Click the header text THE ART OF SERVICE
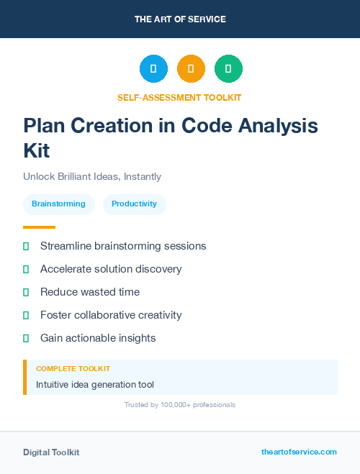click(x=180, y=19)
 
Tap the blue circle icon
click(x=153, y=68)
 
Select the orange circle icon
click(x=191, y=68)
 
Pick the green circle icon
click(x=228, y=68)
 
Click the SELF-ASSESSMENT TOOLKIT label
click(x=180, y=97)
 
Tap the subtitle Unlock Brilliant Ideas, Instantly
click(x=92, y=176)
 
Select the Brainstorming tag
click(x=58, y=204)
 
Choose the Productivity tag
click(x=134, y=204)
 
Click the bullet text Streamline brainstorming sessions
click(x=123, y=246)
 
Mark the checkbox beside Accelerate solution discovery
click(x=26, y=269)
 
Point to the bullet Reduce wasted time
click(x=90, y=292)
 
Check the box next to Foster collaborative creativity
click(x=26, y=315)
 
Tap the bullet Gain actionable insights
click(x=98, y=338)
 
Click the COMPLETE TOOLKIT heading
click(x=73, y=368)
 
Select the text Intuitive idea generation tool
click(x=95, y=385)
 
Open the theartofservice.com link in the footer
click(x=299, y=452)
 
